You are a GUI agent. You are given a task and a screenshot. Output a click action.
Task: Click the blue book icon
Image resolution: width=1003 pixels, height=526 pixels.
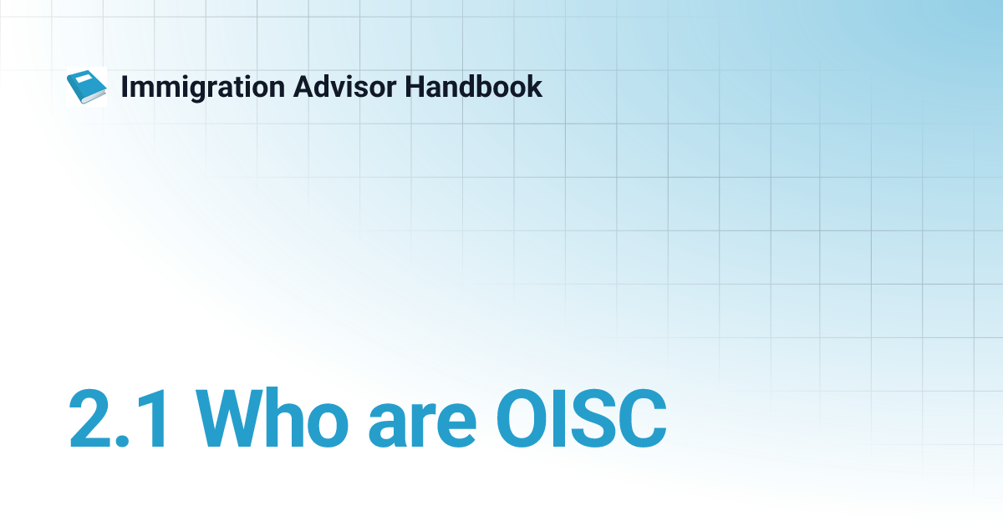tap(86, 87)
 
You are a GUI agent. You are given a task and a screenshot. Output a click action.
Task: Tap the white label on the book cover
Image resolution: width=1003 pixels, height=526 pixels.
tap(84, 79)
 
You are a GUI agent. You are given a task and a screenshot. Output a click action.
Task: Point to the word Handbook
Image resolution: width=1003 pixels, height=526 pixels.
tap(474, 86)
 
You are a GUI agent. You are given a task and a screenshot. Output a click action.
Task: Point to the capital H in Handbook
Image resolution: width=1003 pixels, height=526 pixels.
tap(415, 86)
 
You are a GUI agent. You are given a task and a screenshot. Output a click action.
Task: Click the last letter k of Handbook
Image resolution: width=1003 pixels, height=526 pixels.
tap(535, 86)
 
